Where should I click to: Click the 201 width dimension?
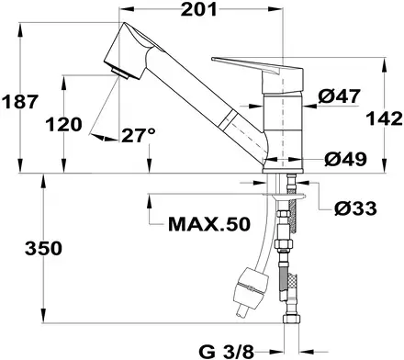coord(198,9)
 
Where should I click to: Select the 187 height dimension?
coord(20,102)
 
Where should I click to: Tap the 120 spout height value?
coord(64,125)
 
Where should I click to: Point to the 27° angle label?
coord(139,135)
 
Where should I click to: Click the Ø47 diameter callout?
coord(340,96)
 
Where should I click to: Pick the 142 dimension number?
coord(385,118)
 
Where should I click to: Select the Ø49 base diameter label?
coord(345,159)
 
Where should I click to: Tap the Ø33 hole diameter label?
coord(355,208)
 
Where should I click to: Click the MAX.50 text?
coord(209,224)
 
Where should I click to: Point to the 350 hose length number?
coord(43,248)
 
